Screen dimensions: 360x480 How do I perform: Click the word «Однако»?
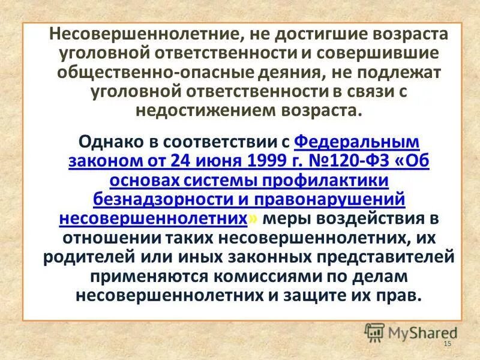110,143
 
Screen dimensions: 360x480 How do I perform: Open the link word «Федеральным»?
357,143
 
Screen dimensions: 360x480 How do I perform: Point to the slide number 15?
446,343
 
